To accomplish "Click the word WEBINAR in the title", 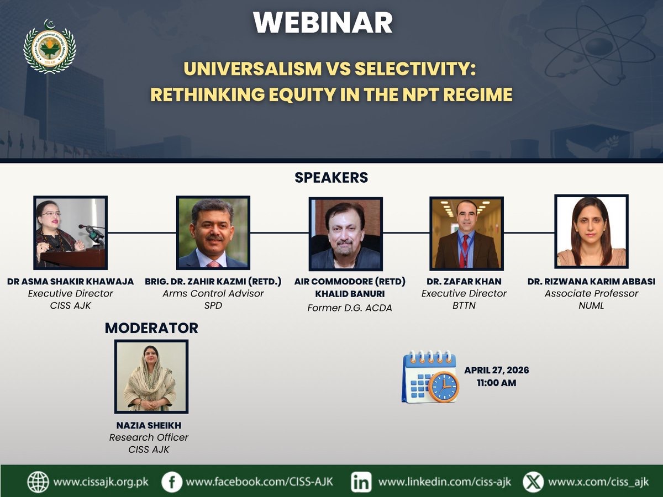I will pyautogui.click(x=323, y=23).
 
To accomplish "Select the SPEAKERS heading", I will pyautogui.click(x=331, y=178).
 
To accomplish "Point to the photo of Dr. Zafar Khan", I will pyautogui.click(x=466, y=234).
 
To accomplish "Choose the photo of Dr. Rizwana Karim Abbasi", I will pyautogui.click(x=591, y=231).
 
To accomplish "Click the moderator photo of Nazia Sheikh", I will pyautogui.click(x=151, y=377).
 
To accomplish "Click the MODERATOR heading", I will pyautogui.click(x=151, y=328).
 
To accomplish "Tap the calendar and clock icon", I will pyautogui.click(x=430, y=377).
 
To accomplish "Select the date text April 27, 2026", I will pyautogui.click(x=496, y=371).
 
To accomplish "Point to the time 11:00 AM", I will pyautogui.click(x=496, y=382).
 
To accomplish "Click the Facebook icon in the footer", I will pyautogui.click(x=172, y=482).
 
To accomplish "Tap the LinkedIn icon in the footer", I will pyautogui.click(x=361, y=482).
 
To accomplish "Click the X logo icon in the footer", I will pyautogui.click(x=533, y=482).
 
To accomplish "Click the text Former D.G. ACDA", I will pyautogui.click(x=350, y=308).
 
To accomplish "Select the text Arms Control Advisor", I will pyautogui.click(x=213, y=294).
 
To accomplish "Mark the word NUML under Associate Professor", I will pyautogui.click(x=591, y=305).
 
